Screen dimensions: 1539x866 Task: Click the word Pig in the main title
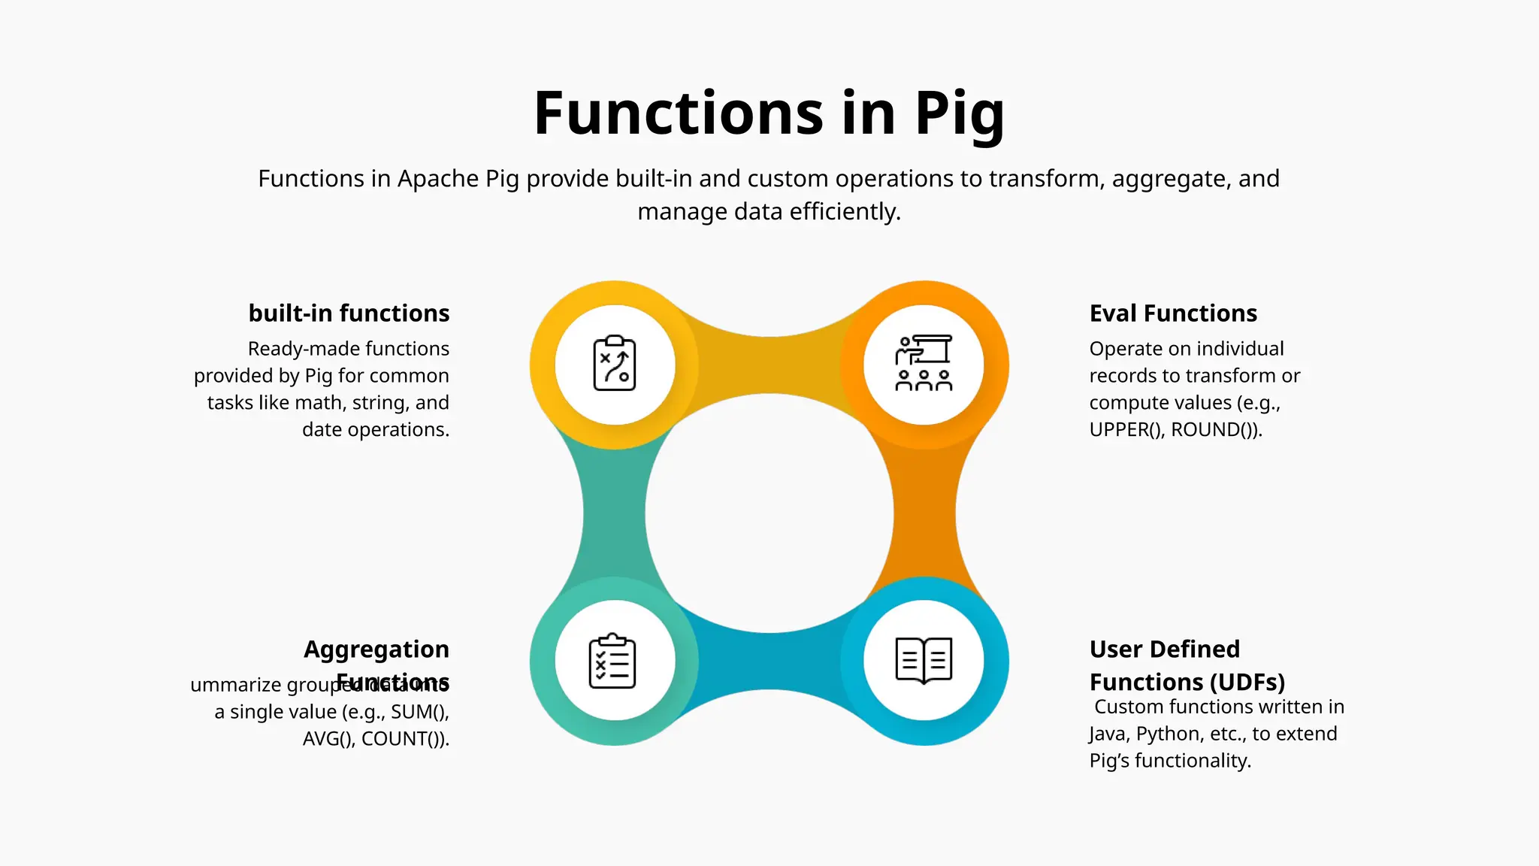[x=959, y=114]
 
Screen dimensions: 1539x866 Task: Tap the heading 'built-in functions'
[x=349, y=313]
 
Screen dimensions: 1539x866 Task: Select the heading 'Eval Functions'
[x=1173, y=313]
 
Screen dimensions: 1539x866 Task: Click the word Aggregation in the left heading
[x=376, y=649]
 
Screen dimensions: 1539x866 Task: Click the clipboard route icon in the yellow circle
[x=615, y=364]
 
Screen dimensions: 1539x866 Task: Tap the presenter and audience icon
[x=924, y=364]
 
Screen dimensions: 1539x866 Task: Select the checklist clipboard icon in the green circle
[x=612, y=661]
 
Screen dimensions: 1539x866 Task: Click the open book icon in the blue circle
[x=924, y=661]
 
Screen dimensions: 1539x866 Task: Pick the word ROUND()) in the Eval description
[x=1217, y=429]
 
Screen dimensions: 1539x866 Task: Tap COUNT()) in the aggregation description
[x=405, y=739]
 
